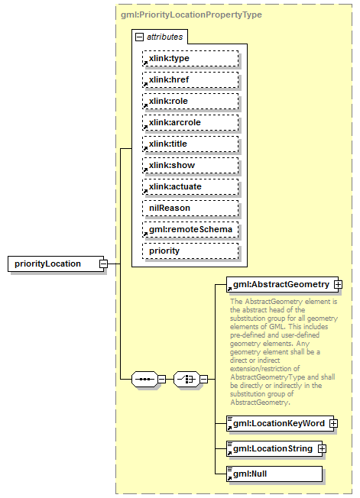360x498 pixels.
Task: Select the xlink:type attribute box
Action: [x=190, y=58]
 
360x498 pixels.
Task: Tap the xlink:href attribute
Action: [x=190, y=79]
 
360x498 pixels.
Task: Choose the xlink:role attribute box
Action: [x=190, y=101]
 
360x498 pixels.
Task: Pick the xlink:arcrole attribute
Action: [x=190, y=122]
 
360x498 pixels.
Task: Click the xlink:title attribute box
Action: [x=190, y=144]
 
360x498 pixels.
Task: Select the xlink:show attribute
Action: [x=190, y=165]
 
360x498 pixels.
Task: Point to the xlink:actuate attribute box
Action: [x=190, y=186]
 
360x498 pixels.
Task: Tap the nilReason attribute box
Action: [x=190, y=208]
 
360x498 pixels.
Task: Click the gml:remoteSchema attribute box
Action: [x=190, y=229]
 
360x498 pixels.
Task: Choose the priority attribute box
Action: [x=190, y=251]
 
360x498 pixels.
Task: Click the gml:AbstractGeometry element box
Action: [x=276, y=285]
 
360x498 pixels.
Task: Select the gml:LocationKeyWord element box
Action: [x=276, y=423]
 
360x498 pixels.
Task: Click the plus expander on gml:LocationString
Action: [x=323, y=448]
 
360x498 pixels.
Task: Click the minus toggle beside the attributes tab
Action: [x=139, y=37]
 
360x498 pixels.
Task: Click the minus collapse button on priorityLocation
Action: [x=102, y=264]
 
